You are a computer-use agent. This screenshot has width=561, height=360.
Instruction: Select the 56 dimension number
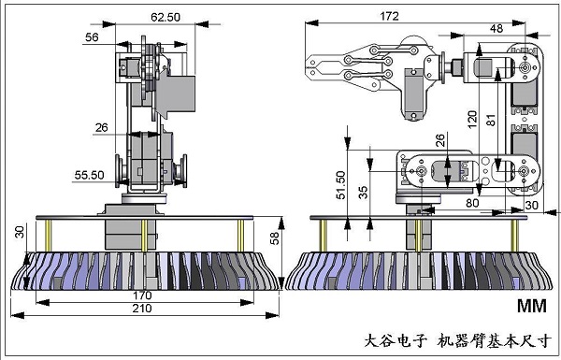[92, 37]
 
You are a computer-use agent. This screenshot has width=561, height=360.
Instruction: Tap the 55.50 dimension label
[90, 175]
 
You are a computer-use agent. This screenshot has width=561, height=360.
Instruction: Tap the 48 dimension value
[496, 28]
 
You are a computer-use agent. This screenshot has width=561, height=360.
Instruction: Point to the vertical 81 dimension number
[491, 116]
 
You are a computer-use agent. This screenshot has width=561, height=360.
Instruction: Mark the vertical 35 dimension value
[364, 192]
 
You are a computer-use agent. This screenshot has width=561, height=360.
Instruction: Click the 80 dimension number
[472, 199]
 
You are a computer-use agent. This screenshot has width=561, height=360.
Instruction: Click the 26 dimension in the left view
[102, 127]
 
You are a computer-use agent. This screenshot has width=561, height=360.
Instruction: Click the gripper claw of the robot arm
[327, 70]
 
